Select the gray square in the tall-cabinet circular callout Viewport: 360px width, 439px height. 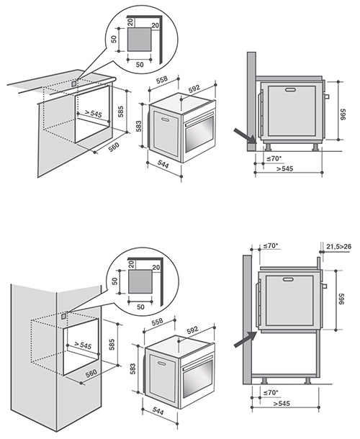(x=141, y=277)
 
